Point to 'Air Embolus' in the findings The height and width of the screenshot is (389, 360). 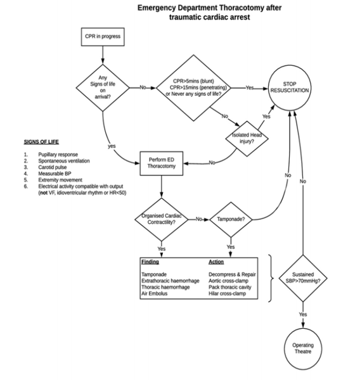point(156,293)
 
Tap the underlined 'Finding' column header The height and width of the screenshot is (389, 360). point(150,262)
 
